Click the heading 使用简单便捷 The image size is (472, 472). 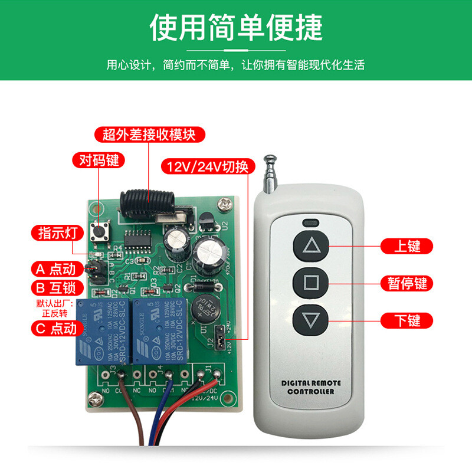pyautogui.click(x=236, y=27)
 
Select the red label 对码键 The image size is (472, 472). pyautogui.click(x=95, y=160)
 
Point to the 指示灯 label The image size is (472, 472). pyautogui.click(x=54, y=232)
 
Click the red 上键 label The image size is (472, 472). pyautogui.click(x=407, y=246)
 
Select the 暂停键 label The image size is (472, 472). pyautogui.click(x=407, y=283)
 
